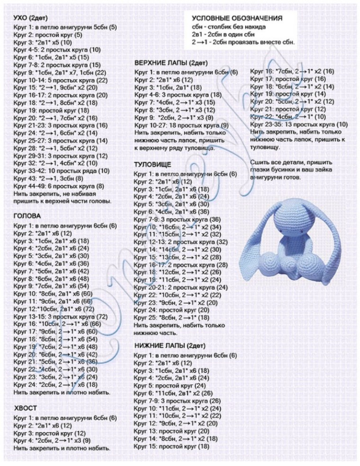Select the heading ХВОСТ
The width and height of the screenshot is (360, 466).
point(26,408)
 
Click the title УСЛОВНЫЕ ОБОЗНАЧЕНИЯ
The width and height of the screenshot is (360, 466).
point(236,18)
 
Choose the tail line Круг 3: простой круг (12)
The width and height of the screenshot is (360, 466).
point(49,433)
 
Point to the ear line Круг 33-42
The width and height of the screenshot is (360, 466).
point(62,170)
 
